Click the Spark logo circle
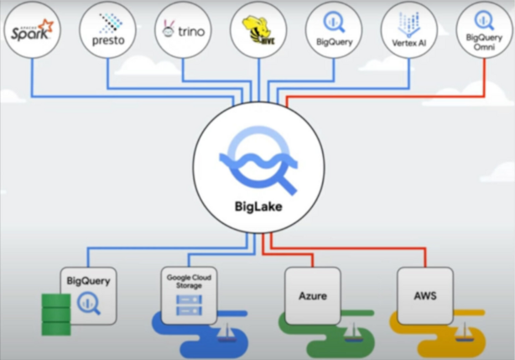(30, 32)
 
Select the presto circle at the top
(107, 30)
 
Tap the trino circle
(183, 30)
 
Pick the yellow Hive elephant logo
(258, 30)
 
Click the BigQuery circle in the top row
(334, 30)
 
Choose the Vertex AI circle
(408, 30)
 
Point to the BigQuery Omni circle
(484, 30)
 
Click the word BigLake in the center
(257, 205)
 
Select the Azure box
(312, 295)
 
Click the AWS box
(424, 295)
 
